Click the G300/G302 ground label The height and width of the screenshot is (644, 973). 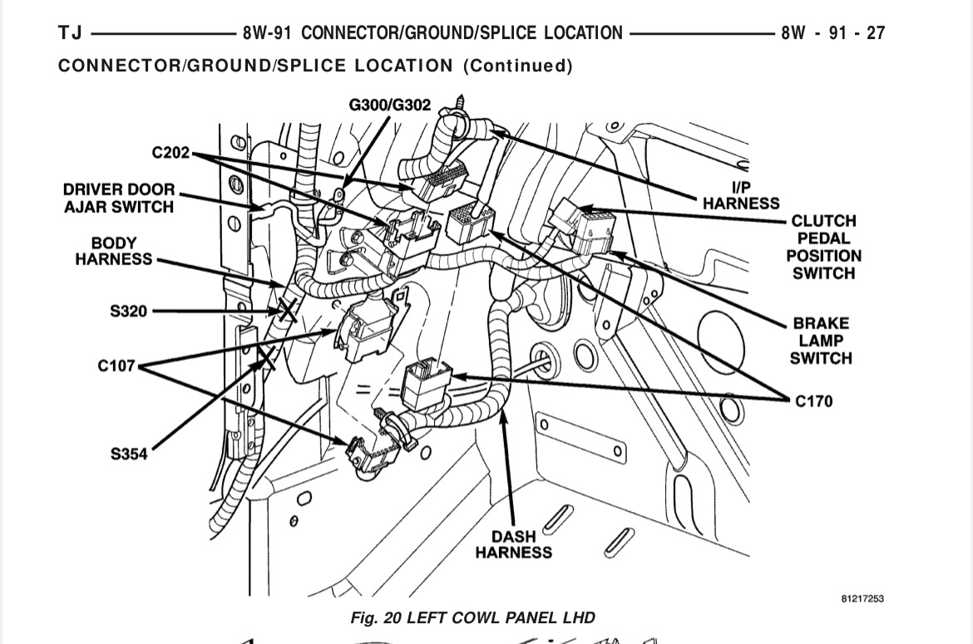click(389, 105)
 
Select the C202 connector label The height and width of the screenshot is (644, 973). click(170, 153)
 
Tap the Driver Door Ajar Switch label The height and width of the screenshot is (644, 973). click(119, 198)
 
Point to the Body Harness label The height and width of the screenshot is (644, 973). click(114, 251)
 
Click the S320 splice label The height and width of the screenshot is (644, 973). click(128, 312)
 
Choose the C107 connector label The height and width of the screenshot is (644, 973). click(116, 366)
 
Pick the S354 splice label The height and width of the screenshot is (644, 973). click(129, 454)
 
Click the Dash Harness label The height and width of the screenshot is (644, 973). click(513, 544)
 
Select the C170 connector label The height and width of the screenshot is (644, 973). click(813, 401)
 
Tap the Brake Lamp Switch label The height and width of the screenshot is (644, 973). click(821, 341)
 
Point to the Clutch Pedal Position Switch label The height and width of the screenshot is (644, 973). click(823, 247)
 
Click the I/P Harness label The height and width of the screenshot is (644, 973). click(741, 195)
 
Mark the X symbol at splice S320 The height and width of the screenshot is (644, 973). click(287, 312)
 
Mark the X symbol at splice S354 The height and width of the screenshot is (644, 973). click(266, 358)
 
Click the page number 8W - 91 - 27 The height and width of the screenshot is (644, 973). click(832, 33)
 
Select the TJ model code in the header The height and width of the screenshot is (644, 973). click(70, 33)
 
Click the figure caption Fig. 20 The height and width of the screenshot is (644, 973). click(472, 617)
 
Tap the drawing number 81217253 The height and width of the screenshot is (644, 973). click(862, 598)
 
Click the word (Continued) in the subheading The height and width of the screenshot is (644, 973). click(517, 66)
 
